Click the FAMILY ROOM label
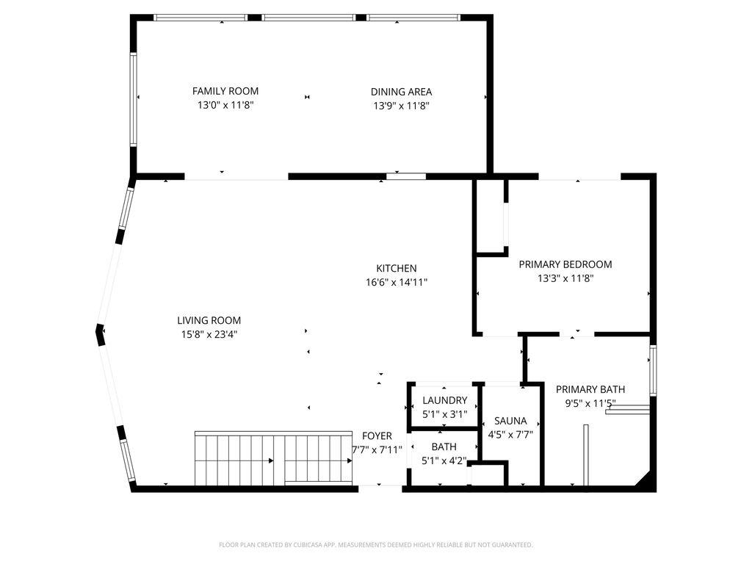click(x=225, y=91)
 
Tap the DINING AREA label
click(x=401, y=92)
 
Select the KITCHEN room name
click(x=396, y=268)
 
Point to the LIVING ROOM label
click(x=209, y=320)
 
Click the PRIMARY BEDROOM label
click(x=565, y=264)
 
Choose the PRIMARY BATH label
click(x=590, y=389)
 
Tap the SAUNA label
click(x=510, y=421)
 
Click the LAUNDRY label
click(x=444, y=400)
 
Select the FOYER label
click(x=377, y=436)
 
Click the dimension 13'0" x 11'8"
click(x=225, y=105)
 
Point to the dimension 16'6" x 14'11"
click(x=396, y=282)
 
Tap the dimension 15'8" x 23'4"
click(x=209, y=334)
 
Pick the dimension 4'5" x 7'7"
click(x=510, y=435)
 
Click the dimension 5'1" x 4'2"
click(x=444, y=461)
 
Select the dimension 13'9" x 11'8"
click(x=401, y=106)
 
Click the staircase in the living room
click(x=274, y=458)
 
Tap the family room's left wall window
click(x=134, y=99)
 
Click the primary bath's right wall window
click(x=653, y=370)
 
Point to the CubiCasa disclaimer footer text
click(x=375, y=545)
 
